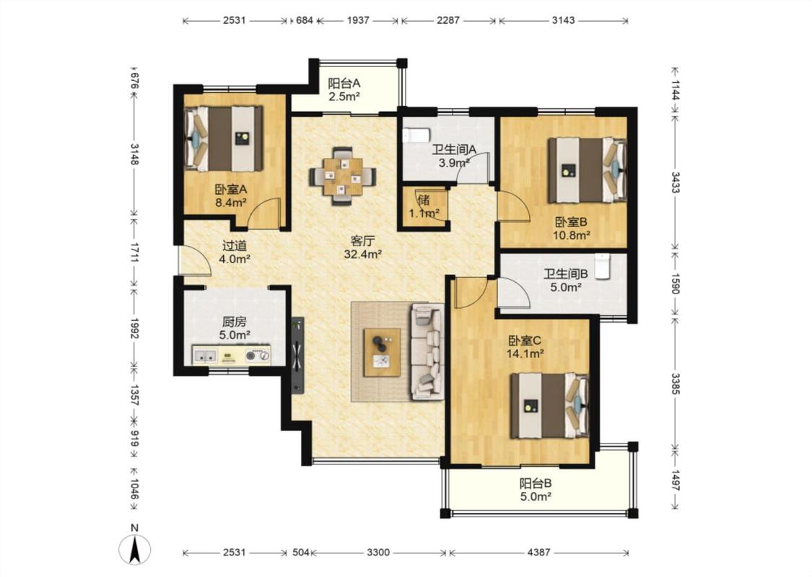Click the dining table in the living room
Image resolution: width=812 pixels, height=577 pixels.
click(343, 177)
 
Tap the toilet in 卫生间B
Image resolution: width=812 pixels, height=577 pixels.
click(601, 266)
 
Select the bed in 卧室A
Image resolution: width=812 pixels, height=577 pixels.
click(224, 138)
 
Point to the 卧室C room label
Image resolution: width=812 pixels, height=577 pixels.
click(525, 340)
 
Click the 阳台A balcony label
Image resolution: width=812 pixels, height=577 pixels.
click(344, 83)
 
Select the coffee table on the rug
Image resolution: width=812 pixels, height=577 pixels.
click(382, 353)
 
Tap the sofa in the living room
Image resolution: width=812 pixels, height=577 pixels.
click(428, 352)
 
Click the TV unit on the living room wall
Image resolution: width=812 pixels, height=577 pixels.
click(297, 356)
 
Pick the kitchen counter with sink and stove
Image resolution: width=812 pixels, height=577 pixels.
click(232, 355)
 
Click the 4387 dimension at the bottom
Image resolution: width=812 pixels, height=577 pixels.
click(538, 552)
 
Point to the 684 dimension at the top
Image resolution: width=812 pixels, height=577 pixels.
click(304, 20)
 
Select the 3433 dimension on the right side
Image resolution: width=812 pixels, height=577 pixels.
click(675, 182)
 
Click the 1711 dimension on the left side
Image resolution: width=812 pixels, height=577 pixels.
click(134, 252)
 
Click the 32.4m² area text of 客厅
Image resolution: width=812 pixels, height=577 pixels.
click(363, 254)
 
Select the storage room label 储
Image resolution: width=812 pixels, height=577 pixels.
click(424, 200)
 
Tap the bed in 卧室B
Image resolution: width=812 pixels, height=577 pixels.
click(588, 169)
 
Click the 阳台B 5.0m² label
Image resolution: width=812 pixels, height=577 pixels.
click(536, 490)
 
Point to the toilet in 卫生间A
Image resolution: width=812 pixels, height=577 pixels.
click(416, 136)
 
